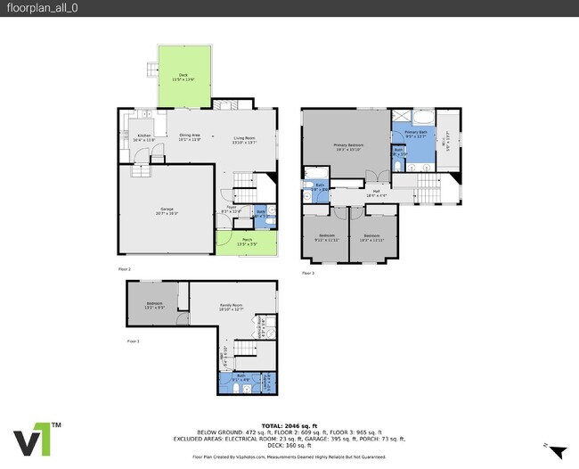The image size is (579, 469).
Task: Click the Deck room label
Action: (x=183, y=77)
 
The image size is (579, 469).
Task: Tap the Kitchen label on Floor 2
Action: (x=143, y=138)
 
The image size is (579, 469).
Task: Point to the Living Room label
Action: (x=244, y=139)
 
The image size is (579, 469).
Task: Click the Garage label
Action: (x=167, y=212)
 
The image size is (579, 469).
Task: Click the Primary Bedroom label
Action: (x=346, y=146)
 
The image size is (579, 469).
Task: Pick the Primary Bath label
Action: (x=416, y=135)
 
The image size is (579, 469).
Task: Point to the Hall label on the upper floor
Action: (x=376, y=193)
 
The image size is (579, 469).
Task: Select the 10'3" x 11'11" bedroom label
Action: (x=371, y=238)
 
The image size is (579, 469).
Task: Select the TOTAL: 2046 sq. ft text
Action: (x=289, y=424)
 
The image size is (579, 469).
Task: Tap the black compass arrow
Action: (x=559, y=452)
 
